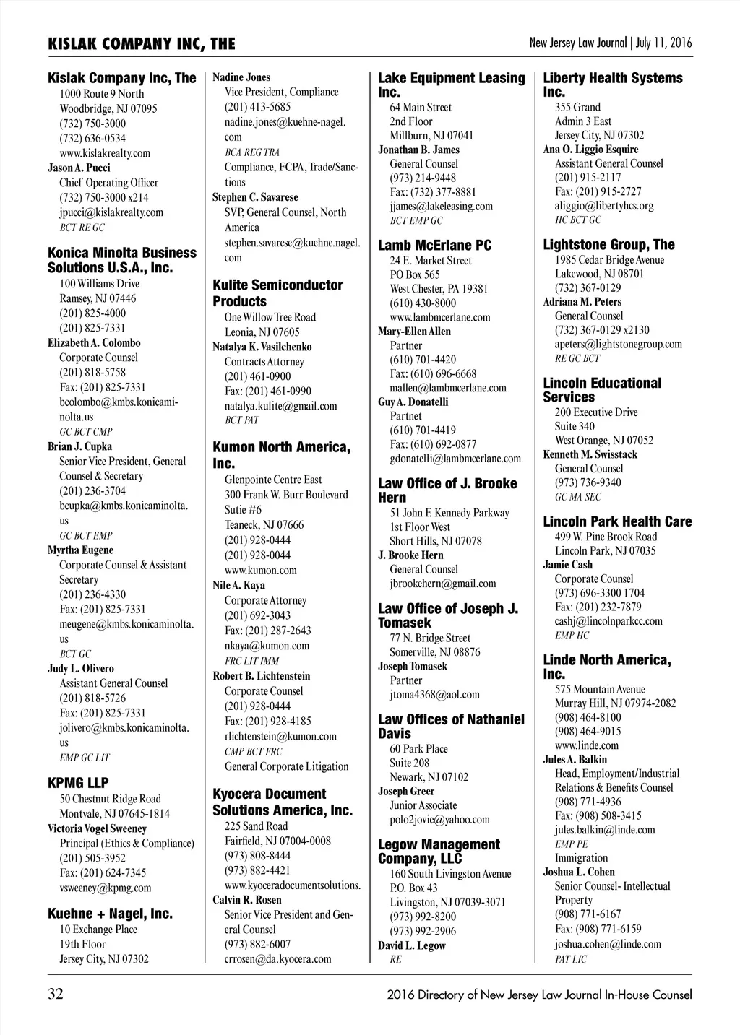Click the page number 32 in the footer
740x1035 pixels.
pyautogui.click(x=56, y=995)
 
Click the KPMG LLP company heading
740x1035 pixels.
pyautogui.click(x=78, y=782)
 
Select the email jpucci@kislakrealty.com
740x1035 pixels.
pyautogui.click(x=111, y=212)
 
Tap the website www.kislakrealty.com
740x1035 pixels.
pyautogui.click(x=105, y=153)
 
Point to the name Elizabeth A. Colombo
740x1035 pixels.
pyautogui.click(x=94, y=343)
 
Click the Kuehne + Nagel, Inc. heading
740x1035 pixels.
pyautogui.click(x=110, y=914)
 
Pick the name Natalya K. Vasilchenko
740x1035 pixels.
pyautogui.click(x=262, y=347)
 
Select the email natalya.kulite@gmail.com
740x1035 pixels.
pyautogui.click(x=280, y=406)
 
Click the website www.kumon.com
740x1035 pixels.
pyautogui.click(x=260, y=570)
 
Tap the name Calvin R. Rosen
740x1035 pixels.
pyautogui.click(x=247, y=900)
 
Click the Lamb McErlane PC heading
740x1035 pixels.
pyautogui.click(x=434, y=246)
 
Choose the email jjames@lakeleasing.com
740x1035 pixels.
pyautogui.click(x=441, y=207)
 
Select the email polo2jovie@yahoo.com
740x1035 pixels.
pyautogui.click(x=439, y=820)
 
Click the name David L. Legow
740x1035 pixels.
pyautogui.click(x=412, y=945)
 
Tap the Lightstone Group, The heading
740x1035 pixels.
pyautogui.click(x=608, y=245)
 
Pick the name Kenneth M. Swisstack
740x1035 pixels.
pyautogui.click(x=590, y=454)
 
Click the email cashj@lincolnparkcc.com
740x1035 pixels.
pyautogui.click(x=608, y=621)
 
